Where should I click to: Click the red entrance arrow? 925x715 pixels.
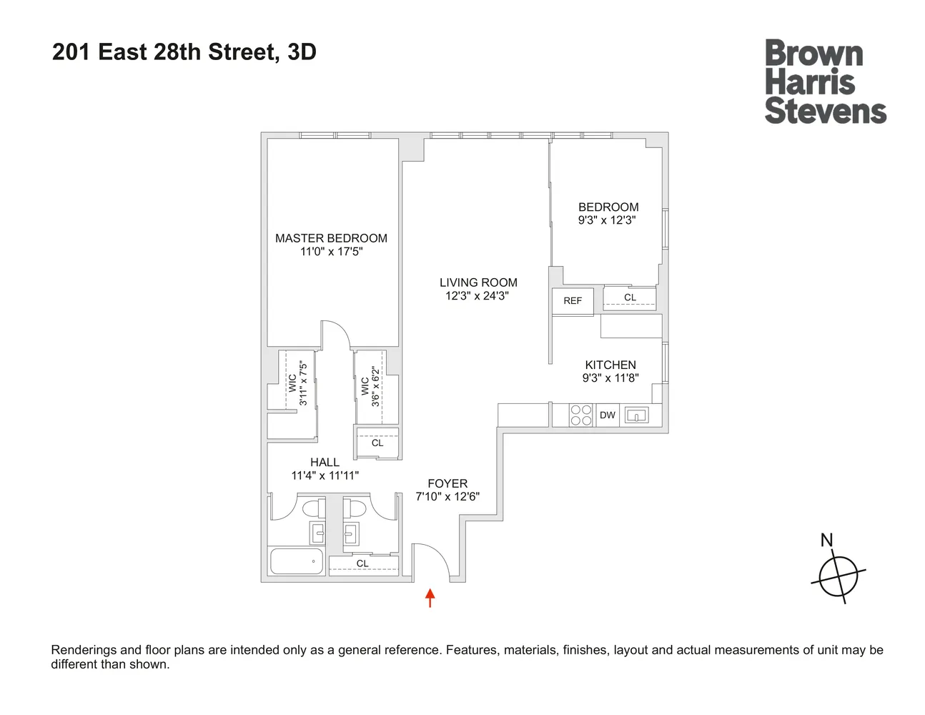(x=430, y=598)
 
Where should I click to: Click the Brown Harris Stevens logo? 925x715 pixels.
(x=825, y=82)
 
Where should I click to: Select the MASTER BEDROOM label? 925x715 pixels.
(x=331, y=238)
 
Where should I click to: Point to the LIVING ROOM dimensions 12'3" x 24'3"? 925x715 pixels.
(x=477, y=296)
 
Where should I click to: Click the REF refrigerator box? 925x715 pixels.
(x=573, y=301)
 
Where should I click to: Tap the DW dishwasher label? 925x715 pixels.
(x=608, y=415)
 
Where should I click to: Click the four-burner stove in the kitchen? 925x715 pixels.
(x=581, y=415)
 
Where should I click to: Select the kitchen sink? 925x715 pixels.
(x=636, y=415)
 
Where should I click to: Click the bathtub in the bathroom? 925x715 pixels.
(x=297, y=561)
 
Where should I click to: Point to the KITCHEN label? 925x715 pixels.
(x=610, y=365)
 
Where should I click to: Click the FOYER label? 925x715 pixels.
(x=447, y=483)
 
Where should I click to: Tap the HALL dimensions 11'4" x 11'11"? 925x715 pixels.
(x=325, y=475)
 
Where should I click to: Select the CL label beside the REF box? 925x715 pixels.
(x=630, y=297)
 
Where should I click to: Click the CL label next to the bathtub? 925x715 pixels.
(x=362, y=563)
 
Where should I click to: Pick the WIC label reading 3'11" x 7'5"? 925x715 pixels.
(x=297, y=384)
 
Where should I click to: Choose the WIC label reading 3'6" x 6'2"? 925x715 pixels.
(x=370, y=387)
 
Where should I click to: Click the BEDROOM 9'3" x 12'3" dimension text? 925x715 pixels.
(x=607, y=220)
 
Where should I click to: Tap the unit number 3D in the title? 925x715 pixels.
(x=302, y=52)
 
